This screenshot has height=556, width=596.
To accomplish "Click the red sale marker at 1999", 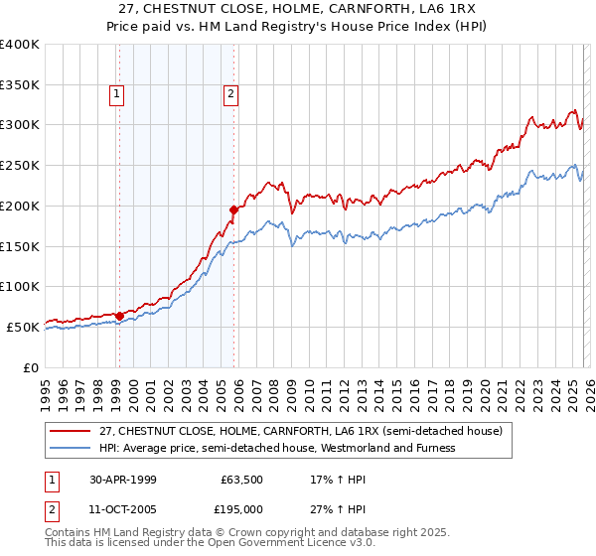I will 119,316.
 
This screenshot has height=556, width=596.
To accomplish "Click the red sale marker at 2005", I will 233,209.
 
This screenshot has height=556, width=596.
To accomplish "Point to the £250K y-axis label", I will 20,166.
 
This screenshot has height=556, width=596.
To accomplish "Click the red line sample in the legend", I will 72,432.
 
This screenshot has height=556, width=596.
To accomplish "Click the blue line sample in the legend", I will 72,448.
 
